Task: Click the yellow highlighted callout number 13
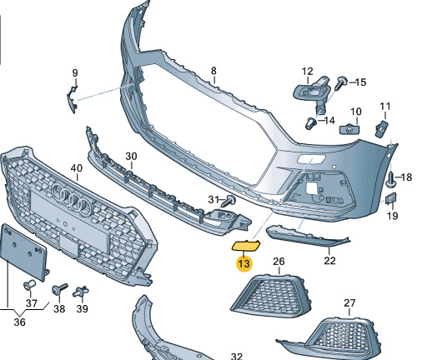244,263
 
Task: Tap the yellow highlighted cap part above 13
246,246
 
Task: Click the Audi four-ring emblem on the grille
72,199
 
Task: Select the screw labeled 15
341,82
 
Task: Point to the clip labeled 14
311,123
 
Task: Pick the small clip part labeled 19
390,198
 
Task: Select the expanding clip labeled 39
81,292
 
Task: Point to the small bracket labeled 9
72,99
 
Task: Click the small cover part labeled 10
349,129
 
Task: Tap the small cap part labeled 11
381,128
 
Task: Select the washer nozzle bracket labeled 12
312,92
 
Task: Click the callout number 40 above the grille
77,168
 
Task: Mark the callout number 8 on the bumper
213,71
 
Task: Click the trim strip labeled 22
307,236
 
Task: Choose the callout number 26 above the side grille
279,262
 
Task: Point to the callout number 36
19,322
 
